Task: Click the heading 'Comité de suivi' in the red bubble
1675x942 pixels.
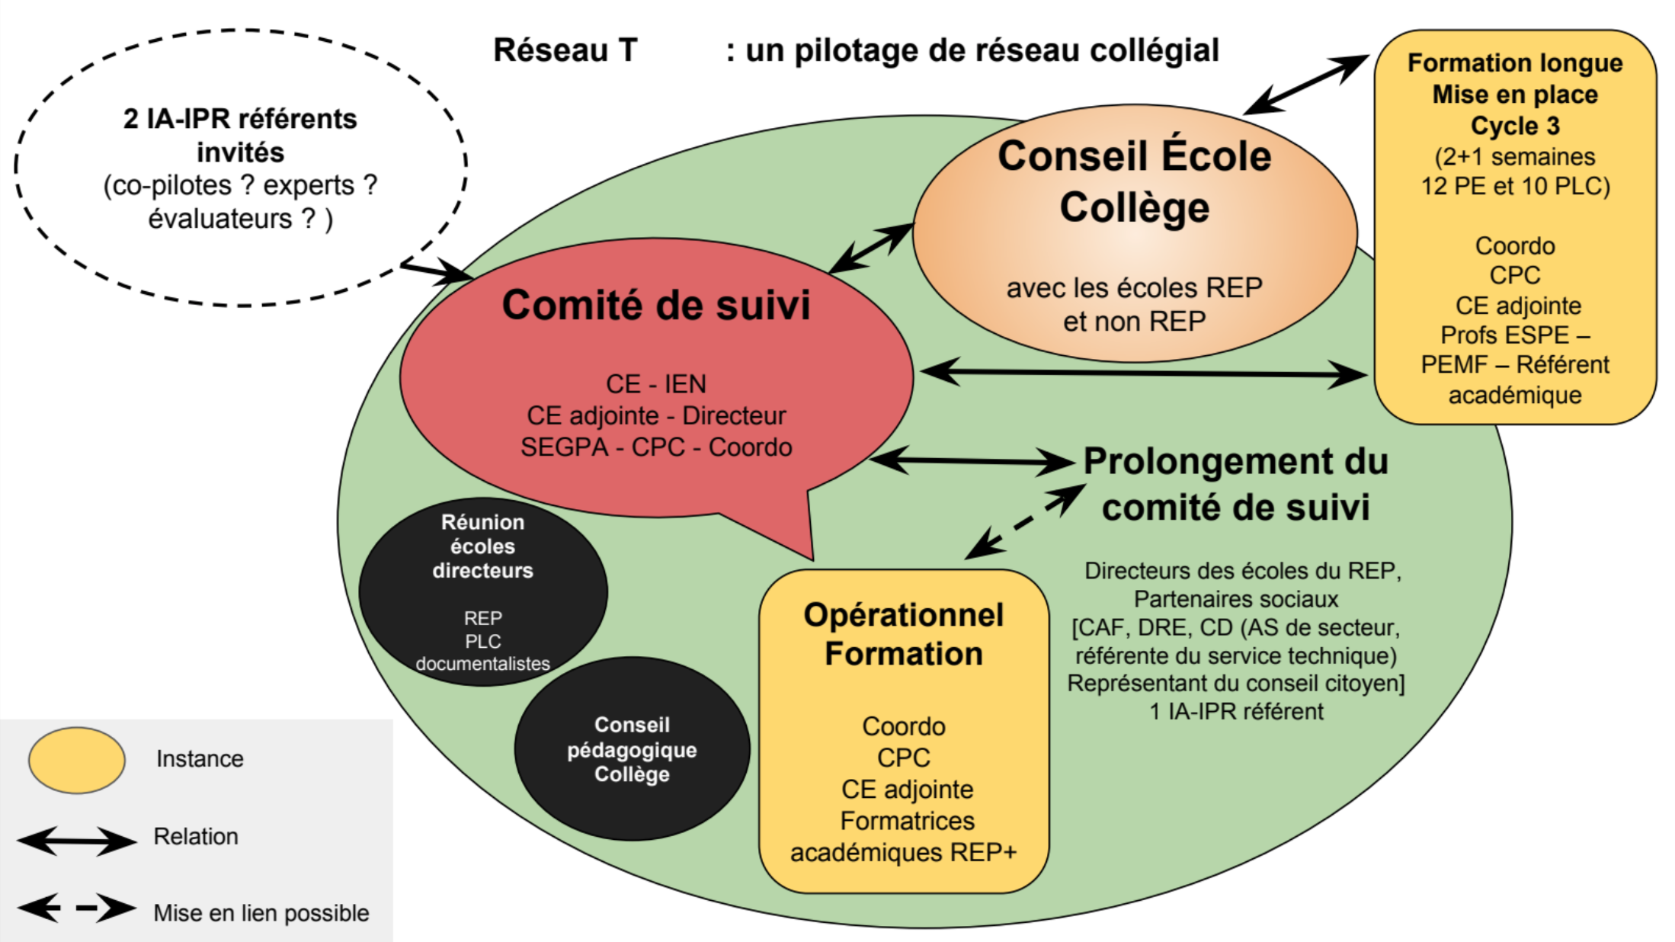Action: click(x=655, y=305)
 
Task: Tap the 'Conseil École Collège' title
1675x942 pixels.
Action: click(x=1134, y=181)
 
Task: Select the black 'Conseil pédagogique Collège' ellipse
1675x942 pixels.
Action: click(x=632, y=749)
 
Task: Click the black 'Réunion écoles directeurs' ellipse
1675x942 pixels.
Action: click(x=482, y=591)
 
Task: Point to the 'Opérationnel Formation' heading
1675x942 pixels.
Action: click(x=903, y=634)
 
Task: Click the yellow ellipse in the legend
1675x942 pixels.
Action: click(x=77, y=760)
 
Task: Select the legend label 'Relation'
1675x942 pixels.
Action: click(x=196, y=836)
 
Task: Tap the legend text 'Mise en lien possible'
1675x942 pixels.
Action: click(x=261, y=912)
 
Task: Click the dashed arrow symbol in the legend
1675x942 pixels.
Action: click(x=76, y=908)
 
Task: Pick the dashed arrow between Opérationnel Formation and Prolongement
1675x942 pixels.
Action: click(x=1024, y=522)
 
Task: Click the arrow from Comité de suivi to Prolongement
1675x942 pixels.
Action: click(x=972, y=460)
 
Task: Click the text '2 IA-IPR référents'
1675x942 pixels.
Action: click(x=240, y=119)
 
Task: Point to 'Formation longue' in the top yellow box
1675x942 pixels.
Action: click(x=1514, y=62)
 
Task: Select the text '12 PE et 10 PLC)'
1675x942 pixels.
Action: click(x=1515, y=186)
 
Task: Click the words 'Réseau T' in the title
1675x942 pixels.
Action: click(x=565, y=50)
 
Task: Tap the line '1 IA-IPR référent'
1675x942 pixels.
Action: click(x=1236, y=711)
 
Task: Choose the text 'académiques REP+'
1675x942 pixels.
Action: click(x=903, y=852)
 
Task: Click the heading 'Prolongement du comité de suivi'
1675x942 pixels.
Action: click(x=1235, y=484)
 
